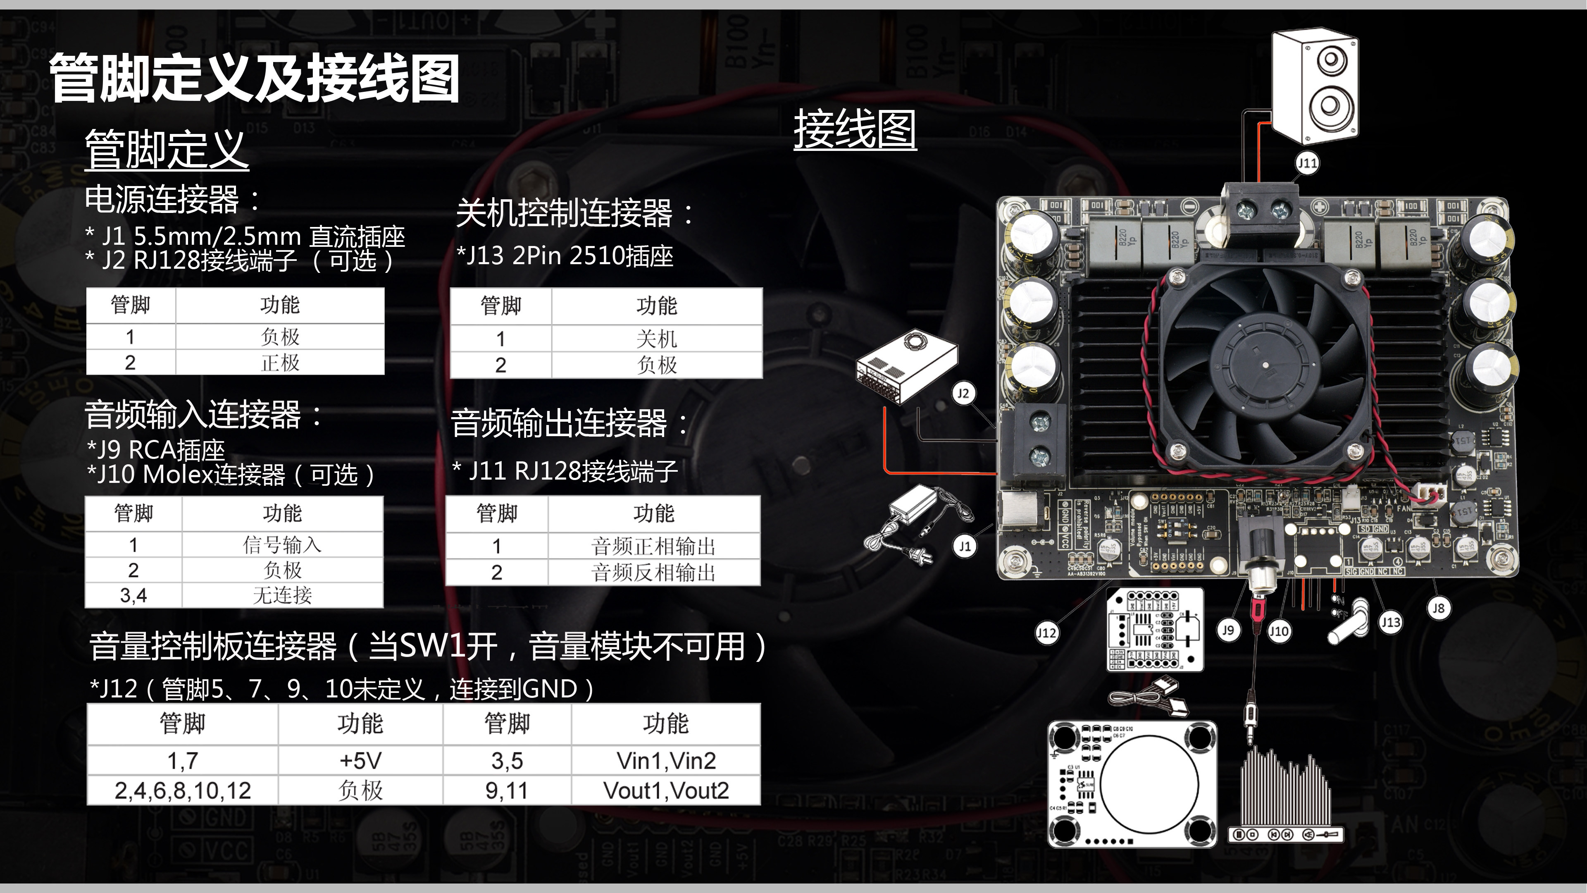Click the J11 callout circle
(x=1307, y=163)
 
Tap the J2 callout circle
(x=963, y=393)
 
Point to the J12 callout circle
(x=1046, y=632)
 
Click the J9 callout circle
(x=1228, y=630)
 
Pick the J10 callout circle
(x=1278, y=631)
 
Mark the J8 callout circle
(x=1438, y=608)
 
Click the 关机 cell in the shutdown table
(x=657, y=338)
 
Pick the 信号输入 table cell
(x=282, y=545)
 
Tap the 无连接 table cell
(x=282, y=595)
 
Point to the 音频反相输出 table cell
(x=654, y=573)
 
